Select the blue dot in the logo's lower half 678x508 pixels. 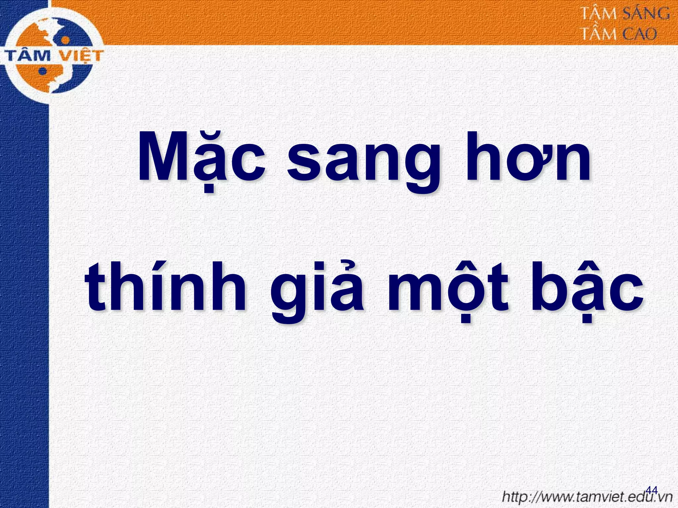(x=42, y=71)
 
